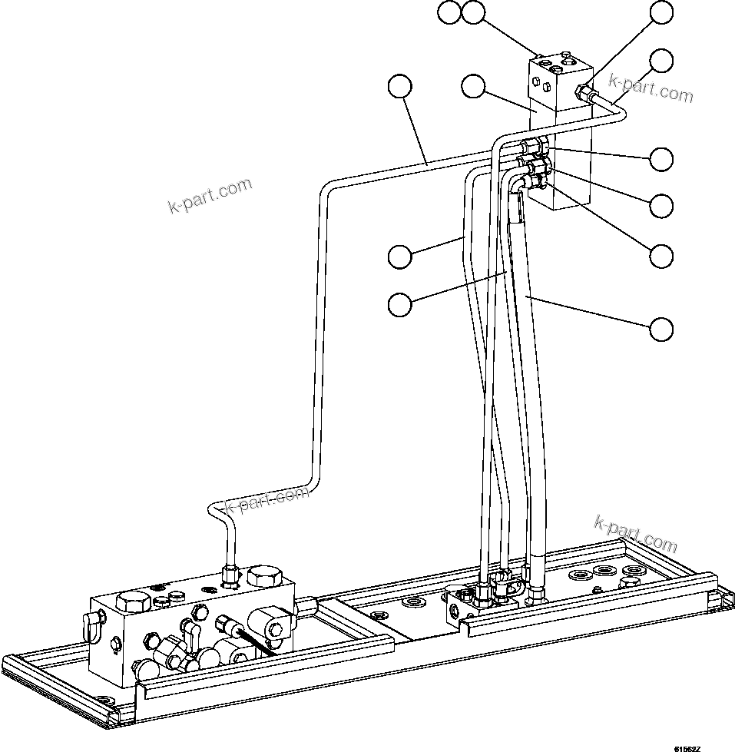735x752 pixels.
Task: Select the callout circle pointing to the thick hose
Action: tap(661, 329)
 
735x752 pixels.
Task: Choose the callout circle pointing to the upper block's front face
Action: tap(474, 87)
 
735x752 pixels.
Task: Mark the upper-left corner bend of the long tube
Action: tap(325, 188)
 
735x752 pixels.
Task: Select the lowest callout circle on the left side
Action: tap(399, 304)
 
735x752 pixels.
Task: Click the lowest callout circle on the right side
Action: tap(661, 329)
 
